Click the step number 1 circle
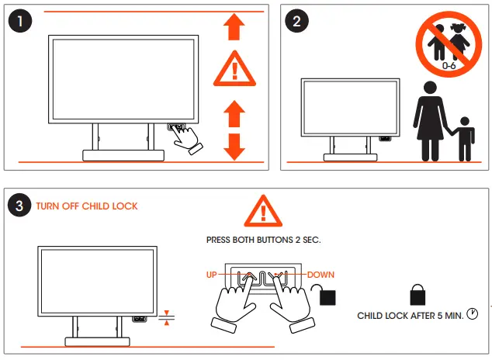(x=21, y=21)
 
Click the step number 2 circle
(x=296, y=21)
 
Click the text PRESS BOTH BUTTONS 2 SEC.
(x=263, y=241)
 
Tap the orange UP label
(x=212, y=275)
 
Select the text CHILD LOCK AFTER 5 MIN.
(x=410, y=316)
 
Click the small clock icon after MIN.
(x=472, y=314)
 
